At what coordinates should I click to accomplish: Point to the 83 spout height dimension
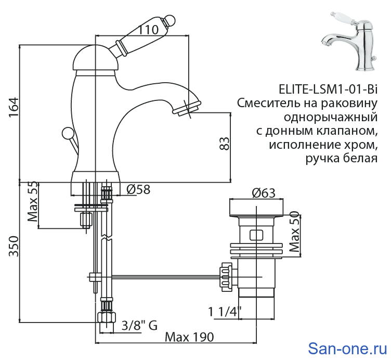pos(224,144)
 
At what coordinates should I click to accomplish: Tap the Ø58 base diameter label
pos(138,190)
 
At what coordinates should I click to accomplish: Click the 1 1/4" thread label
pos(225,312)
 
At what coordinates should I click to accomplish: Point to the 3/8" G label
pos(139,326)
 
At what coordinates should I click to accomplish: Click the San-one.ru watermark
pos(347,347)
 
